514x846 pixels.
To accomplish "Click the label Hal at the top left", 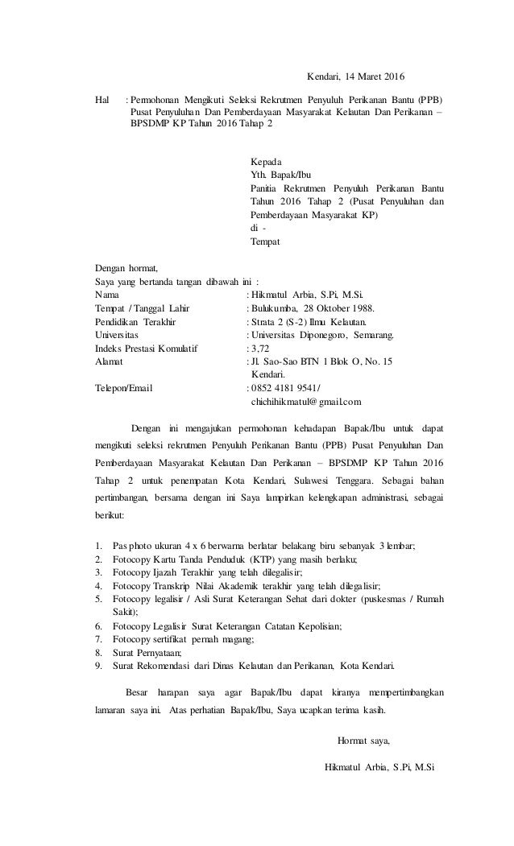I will (102, 101).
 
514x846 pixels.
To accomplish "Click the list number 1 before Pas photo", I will (97, 546).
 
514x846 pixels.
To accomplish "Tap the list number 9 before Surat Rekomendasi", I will (97, 666).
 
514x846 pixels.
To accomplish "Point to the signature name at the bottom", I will (379, 767).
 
